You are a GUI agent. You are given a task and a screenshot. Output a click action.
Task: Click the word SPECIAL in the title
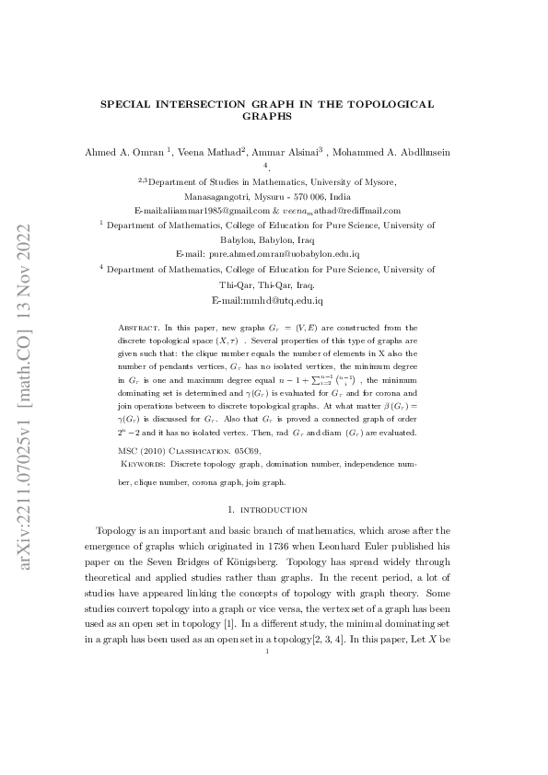[126, 105]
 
